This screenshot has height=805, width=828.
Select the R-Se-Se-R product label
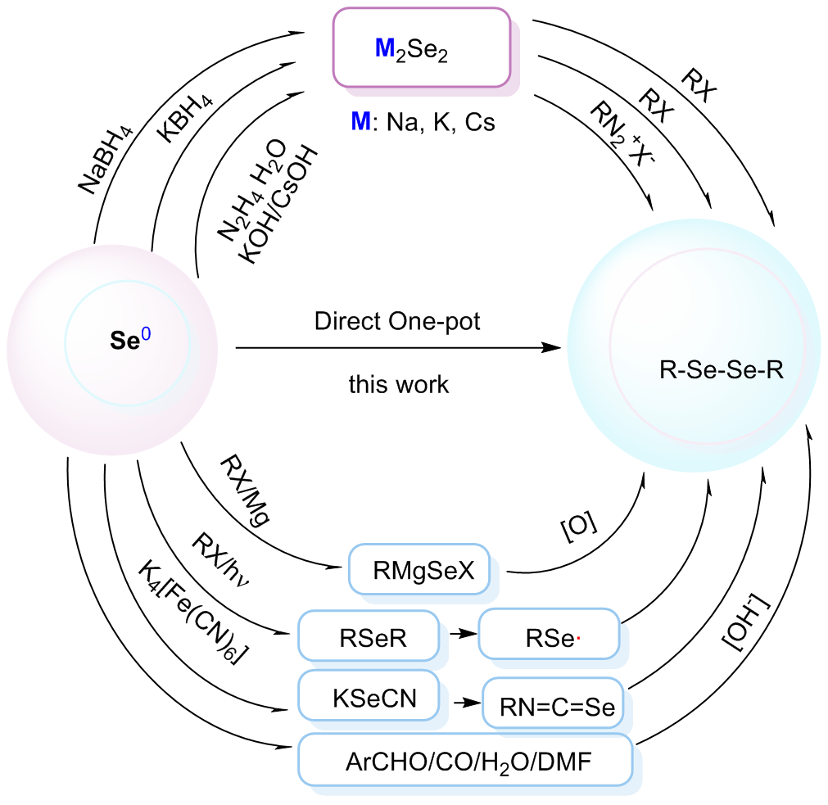[x=721, y=371]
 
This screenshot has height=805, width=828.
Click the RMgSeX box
[x=423, y=568]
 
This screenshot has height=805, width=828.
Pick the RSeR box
[x=364, y=634]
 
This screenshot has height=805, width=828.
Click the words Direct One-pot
[x=397, y=321]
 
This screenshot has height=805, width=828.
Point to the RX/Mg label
[x=245, y=486]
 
